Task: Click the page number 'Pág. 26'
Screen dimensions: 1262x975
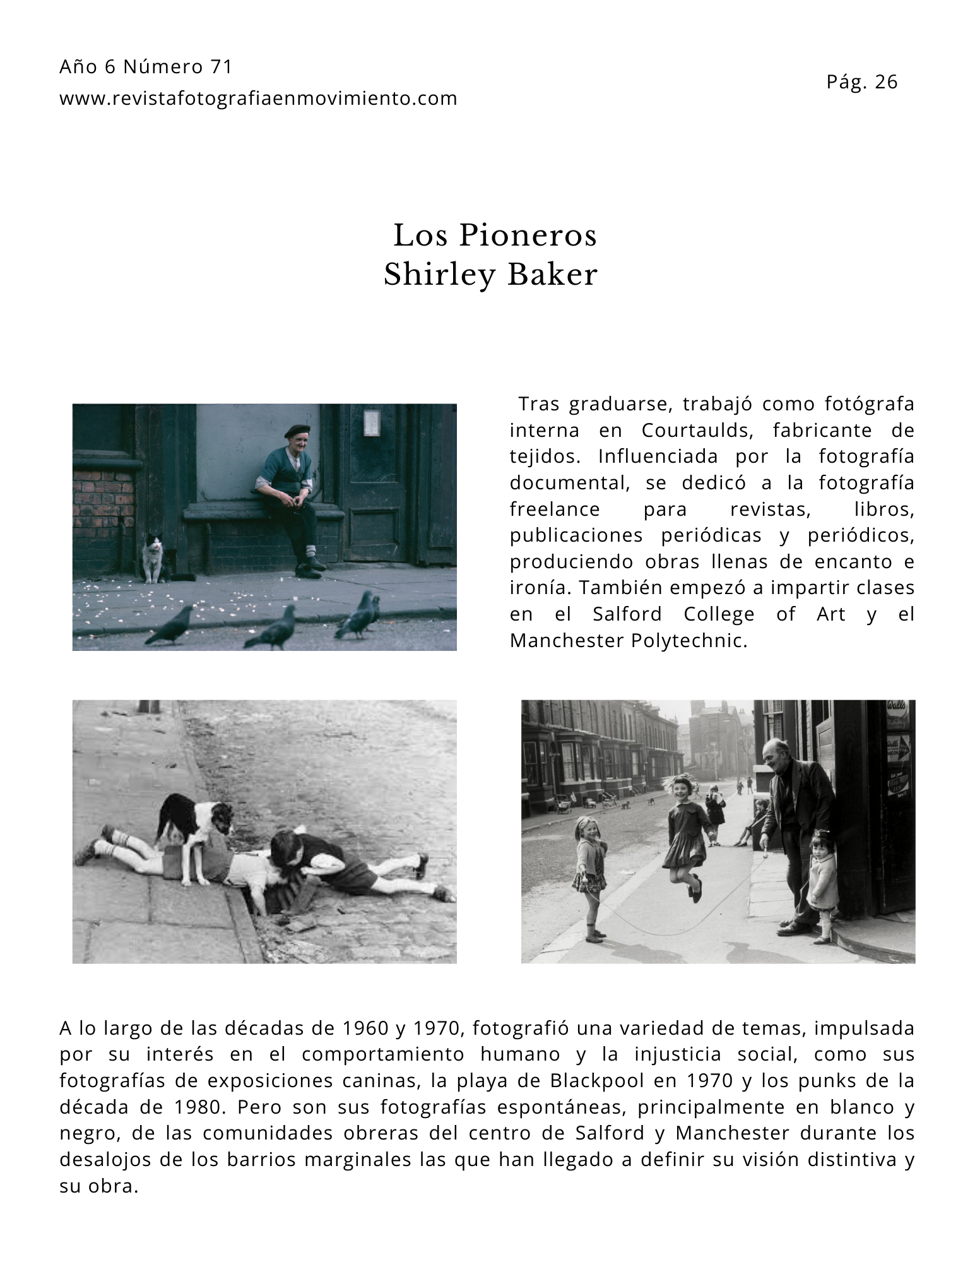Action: pyautogui.click(x=861, y=82)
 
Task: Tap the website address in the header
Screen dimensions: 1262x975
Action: pyautogui.click(x=258, y=98)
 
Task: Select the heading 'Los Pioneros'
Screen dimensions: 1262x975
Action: pyautogui.click(x=495, y=235)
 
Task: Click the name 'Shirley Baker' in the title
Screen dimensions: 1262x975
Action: pyautogui.click(x=490, y=275)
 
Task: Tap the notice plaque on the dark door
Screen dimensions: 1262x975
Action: pyautogui.click(x=371, y=422)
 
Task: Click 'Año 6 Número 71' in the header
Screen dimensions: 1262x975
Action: pyautogui.click(x=146, y=67)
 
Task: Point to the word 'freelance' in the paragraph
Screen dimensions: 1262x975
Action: pyautogui.click(x=555, y=509)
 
